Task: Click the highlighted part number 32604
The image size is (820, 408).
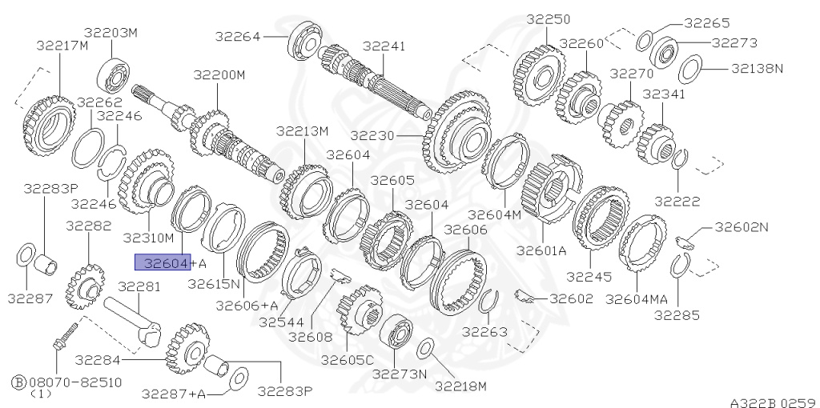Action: [163, 262]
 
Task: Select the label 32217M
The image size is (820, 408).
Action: [62, 45]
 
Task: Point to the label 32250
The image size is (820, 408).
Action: [549, 18]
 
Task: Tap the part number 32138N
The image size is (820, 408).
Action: [757, 68]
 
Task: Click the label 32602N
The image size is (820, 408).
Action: [741, 226]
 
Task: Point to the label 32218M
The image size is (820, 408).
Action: [460, 386]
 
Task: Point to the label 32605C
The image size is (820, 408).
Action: [347, 360]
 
